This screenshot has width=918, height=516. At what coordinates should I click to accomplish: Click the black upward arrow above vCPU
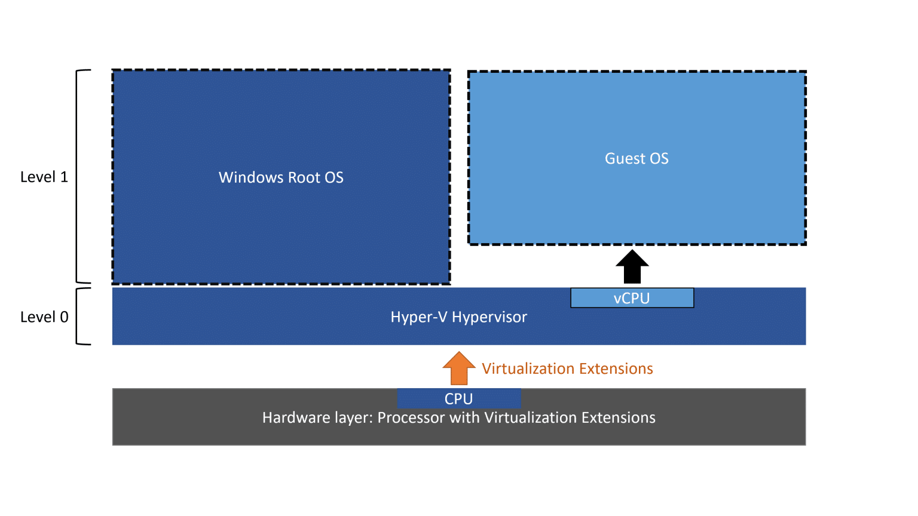point(632,267)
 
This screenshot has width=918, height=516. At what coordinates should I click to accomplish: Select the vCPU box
point(632,298)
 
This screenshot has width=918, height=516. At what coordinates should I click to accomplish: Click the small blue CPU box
point(458,398)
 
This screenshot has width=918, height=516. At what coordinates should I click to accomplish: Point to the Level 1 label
point(44,177)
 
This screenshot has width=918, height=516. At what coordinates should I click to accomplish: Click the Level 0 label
point(44,317)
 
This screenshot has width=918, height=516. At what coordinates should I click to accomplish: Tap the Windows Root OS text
point(281,177)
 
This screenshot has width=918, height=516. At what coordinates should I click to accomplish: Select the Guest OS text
point(637,158)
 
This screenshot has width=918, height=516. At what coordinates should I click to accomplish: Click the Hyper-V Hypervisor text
point(458,317)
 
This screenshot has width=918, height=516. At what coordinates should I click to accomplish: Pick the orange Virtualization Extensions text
point(567,368)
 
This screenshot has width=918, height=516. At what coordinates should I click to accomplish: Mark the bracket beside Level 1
point(80,177)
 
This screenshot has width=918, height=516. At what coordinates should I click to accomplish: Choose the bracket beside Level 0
point(80,317)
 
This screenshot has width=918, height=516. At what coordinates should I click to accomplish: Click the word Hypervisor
point(489,317)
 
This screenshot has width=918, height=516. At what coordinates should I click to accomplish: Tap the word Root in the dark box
point(304,177)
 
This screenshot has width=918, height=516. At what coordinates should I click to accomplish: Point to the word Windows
point(251,177)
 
